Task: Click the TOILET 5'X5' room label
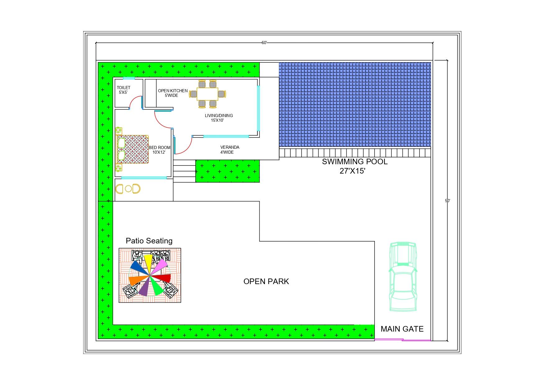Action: coord(123,90)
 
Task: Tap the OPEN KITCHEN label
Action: coord(172,93)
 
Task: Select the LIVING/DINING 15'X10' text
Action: coord(219,118)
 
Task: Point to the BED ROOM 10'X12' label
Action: coord(159,150)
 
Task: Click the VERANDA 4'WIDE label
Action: coord(229,150)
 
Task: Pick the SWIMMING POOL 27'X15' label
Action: coord(354,166)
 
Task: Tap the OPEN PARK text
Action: coord(266,281)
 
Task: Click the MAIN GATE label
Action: coord(402,329)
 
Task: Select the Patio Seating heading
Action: coord(149,241)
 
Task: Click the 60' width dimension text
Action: coord(264,43)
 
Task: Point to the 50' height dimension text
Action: coord(447,201)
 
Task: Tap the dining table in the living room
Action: coord(207,94)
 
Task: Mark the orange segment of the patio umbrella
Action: coord(136,280)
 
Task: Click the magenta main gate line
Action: coord(402,340)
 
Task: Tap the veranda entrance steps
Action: coord(184,171)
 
